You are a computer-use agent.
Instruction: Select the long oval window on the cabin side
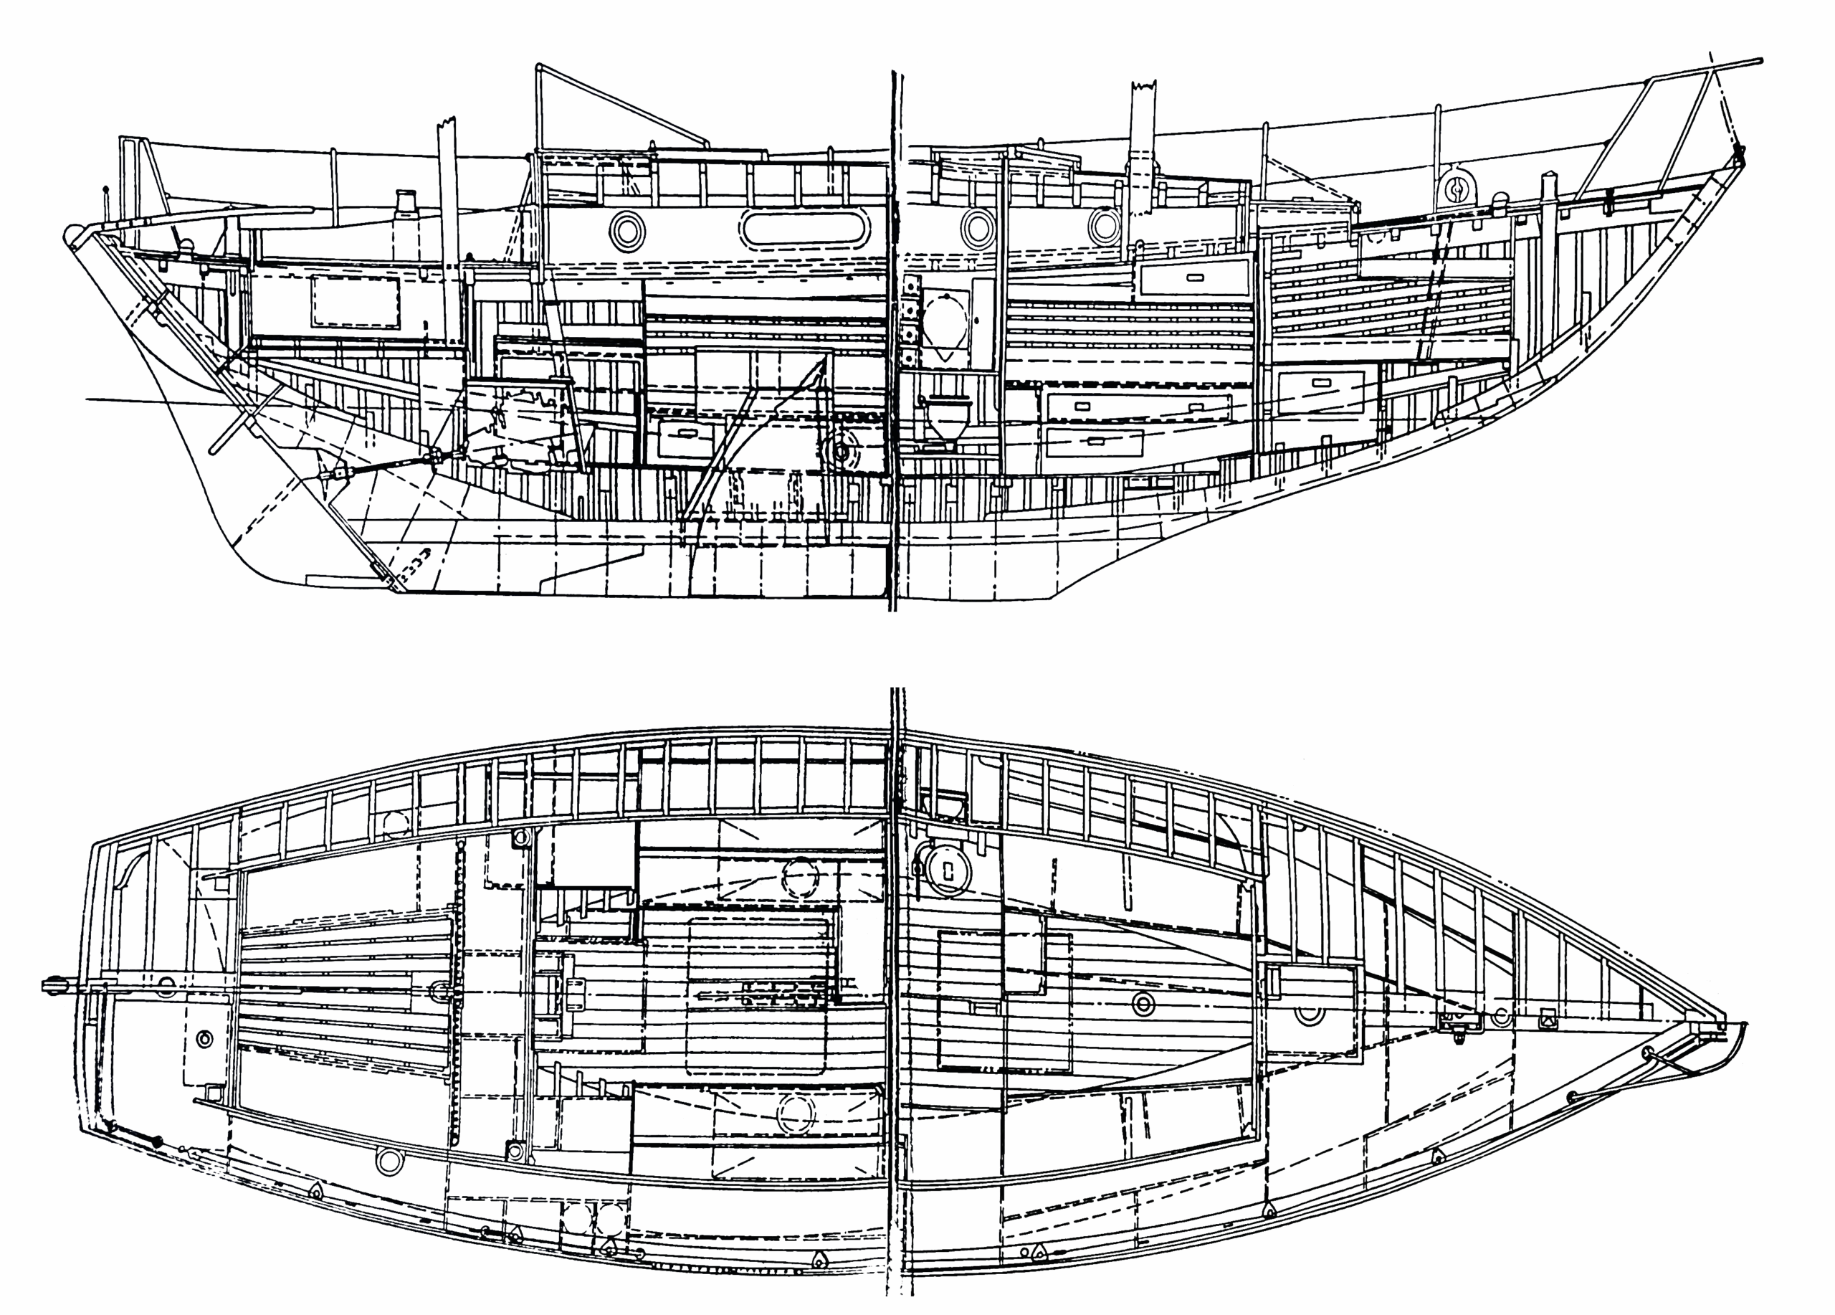(803, 228)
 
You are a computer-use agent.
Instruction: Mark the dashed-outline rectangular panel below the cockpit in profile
(356, 300)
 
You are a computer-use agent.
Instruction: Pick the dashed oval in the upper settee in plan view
(800, 877)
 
